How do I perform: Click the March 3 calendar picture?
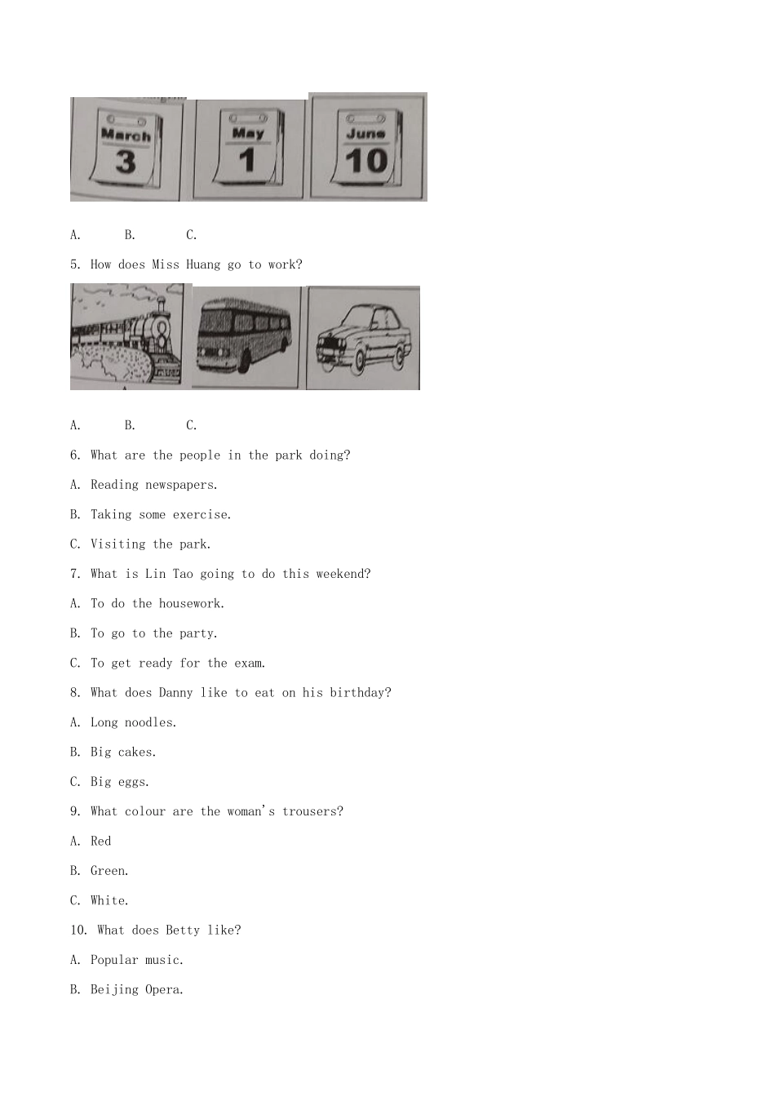point(126,149)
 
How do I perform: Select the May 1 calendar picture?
point(248,149)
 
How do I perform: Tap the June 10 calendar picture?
point(367,147)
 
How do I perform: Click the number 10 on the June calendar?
point(366,161)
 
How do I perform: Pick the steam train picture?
point(126,336)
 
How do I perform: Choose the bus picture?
point(246,338)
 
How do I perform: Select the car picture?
point(363,338)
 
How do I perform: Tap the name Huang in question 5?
point(202,265)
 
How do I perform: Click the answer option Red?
point(101,841)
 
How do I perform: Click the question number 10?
point(78,930)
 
